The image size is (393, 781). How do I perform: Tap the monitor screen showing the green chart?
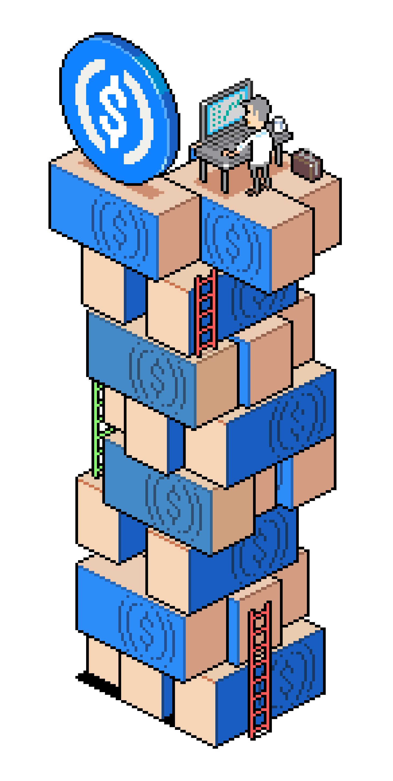(227, 111)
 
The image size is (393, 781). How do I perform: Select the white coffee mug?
(279, 124)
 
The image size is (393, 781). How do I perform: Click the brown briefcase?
(306, 165)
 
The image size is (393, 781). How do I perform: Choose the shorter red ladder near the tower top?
(206, 312)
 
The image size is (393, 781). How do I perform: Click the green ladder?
(97, 427)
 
